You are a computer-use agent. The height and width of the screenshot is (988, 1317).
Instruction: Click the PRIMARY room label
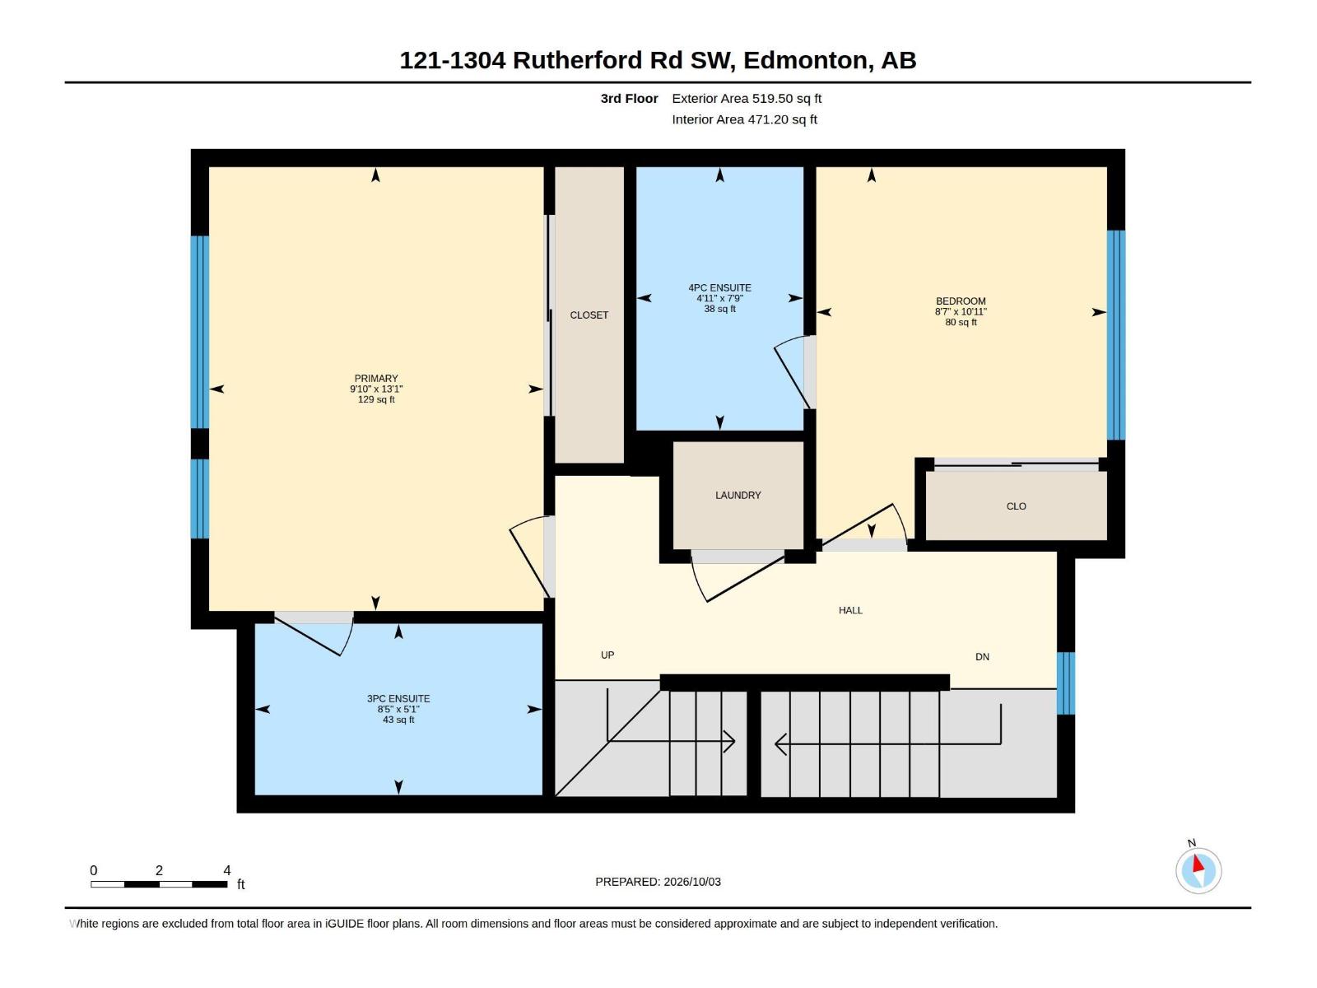tap(376, 379)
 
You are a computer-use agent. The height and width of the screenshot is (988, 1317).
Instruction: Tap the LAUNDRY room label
tap(738, 496)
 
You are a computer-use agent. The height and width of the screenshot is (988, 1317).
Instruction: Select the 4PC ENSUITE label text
tap(719, 288)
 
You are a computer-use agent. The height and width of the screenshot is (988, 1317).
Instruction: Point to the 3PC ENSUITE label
tap(398, 699)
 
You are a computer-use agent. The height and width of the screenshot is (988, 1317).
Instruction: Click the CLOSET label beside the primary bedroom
tap(589, 315)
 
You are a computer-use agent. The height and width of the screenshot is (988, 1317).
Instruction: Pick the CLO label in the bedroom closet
tap(1017, 506)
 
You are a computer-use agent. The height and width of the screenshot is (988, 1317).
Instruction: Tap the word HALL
tap(851, 611)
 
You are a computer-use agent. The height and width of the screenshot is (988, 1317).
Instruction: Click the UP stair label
tap(607, 655)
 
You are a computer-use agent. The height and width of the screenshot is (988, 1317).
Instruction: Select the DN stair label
tap(982, 657)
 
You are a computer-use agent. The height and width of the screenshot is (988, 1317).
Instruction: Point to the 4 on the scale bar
tap(227, 870)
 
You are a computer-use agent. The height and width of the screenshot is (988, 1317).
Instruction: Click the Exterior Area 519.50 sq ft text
tap(747, 98)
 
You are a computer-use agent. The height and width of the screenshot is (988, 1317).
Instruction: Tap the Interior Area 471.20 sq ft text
tap(745, 119)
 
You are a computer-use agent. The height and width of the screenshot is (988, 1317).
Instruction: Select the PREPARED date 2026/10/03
tap(692, 882)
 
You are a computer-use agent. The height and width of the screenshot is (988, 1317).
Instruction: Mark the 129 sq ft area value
tap(376, 399)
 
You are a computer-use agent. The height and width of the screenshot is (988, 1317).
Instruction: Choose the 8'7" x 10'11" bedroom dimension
tap(961, 312)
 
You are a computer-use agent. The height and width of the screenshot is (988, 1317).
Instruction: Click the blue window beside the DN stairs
tap(1065, 683)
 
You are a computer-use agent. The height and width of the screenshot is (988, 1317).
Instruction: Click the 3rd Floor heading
tap(630, 98)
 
